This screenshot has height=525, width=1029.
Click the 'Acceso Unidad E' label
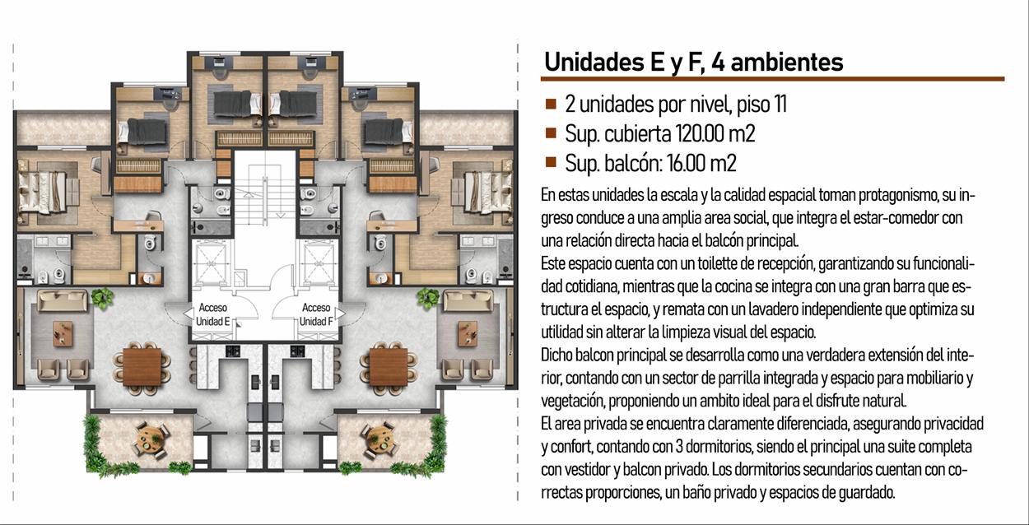coord(212,314)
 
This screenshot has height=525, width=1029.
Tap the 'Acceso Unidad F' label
coord(316,314)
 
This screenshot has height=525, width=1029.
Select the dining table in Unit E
coord(142,367)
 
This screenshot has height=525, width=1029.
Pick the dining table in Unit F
coord(389,367)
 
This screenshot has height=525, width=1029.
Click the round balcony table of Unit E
coord(149,439)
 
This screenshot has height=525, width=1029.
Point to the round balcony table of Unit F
coord(380,439)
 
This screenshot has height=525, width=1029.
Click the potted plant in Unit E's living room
coord(102,298)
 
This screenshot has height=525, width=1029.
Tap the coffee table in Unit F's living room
coord(468,333)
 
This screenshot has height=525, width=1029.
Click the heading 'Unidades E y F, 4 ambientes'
coord(694,62)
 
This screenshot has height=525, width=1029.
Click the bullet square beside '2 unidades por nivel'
coord(551,104)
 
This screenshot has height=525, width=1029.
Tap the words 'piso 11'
coord(761,105)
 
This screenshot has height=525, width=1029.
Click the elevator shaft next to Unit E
coord(211,263)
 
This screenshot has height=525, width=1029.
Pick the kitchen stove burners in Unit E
coord(232,351)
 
